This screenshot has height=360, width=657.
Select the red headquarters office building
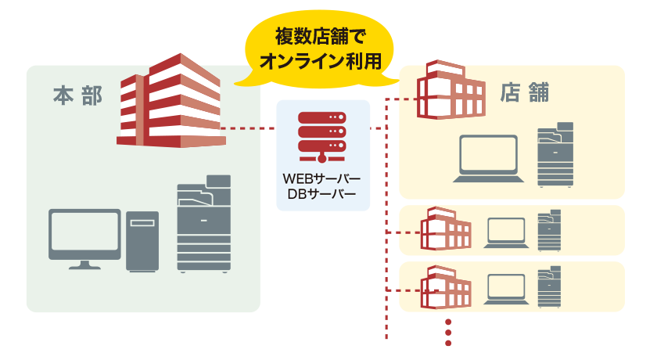[171, 102]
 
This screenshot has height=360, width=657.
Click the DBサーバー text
[321, 194]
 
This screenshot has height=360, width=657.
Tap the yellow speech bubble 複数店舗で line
[320, 37]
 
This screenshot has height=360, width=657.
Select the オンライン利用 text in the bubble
[320, 61]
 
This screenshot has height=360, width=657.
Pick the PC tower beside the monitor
[142, 241]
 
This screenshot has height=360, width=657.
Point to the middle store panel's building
[446, 230]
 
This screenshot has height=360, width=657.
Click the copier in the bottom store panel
[549, 286]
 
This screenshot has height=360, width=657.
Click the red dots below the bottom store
[448, 332]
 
